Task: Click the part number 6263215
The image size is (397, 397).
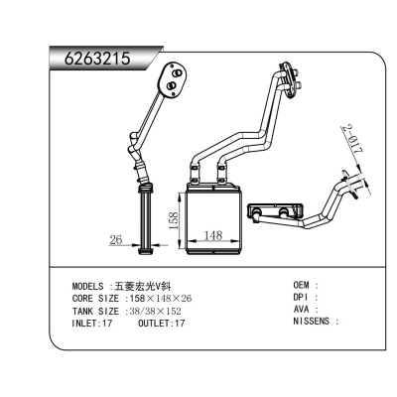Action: point(97,59)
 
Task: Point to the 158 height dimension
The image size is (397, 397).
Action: point(174,220)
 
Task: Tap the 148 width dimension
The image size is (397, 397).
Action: point(213,235)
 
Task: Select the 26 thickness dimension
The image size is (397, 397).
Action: point(116,239)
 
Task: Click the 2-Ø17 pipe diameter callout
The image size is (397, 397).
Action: point(352,140)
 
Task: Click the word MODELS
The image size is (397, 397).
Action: point(87,286)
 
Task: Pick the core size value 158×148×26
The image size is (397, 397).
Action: point(161,299)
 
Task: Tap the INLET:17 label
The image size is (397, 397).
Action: point(92,324)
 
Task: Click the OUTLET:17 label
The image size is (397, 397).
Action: point(162,324)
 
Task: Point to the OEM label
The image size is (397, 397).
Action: point(301,285)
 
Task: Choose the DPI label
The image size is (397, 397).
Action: point(301,297)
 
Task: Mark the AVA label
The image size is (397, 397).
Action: point(301,310)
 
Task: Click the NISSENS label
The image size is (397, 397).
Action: point(312,321)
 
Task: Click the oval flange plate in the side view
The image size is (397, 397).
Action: point(173,79)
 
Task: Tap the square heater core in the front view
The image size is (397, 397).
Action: point(212,219)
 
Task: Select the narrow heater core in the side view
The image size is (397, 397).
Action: point(146,219)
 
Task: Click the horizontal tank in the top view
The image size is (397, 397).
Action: point(275,211)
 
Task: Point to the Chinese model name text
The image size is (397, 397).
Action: point(143,286)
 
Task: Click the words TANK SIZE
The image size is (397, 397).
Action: point(95,312)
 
